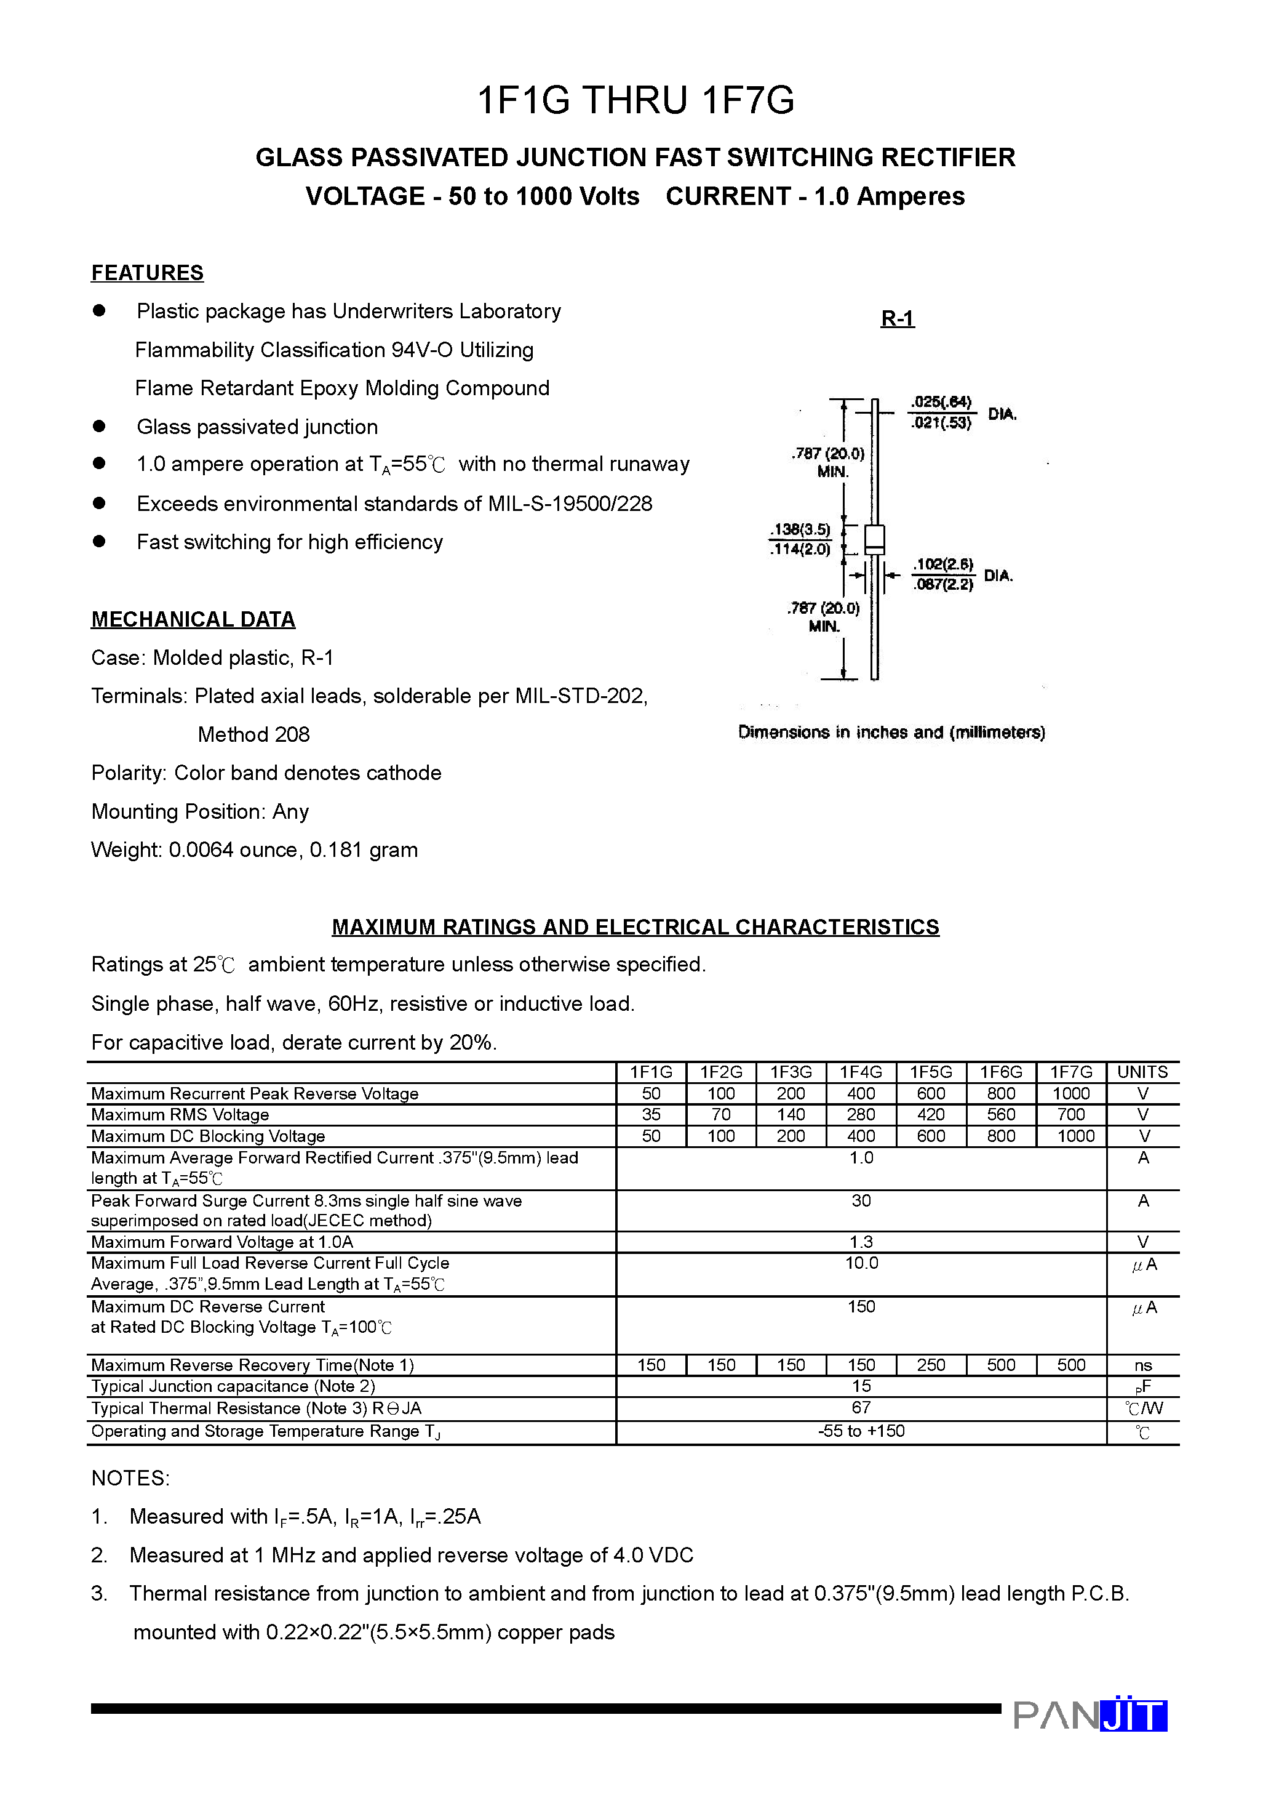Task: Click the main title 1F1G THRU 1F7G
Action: click(635, 101)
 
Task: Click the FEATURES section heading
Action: click(147, 273)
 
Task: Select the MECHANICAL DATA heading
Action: click(193, 619)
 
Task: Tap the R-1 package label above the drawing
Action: click(897, 318)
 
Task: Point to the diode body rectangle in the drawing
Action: click(874, 539)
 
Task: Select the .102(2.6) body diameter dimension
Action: click(942, 565)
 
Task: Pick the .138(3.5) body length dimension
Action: click(800, 529)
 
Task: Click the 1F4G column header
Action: click(861, 1072)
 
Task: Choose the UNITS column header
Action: click(1142, 1072)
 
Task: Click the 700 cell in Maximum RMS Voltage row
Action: click(1070, 1114)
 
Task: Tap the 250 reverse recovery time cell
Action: click(930, 1365)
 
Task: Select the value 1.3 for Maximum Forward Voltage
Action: click(861, 1242)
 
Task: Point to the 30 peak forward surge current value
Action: click(861, 1200)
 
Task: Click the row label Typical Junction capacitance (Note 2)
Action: click(233, 1386)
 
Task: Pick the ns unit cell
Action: click(1142, 1365)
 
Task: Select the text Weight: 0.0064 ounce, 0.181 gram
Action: click(254, 850)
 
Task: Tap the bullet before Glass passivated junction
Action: click(98, 427)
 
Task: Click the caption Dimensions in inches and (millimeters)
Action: click(891, 732)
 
